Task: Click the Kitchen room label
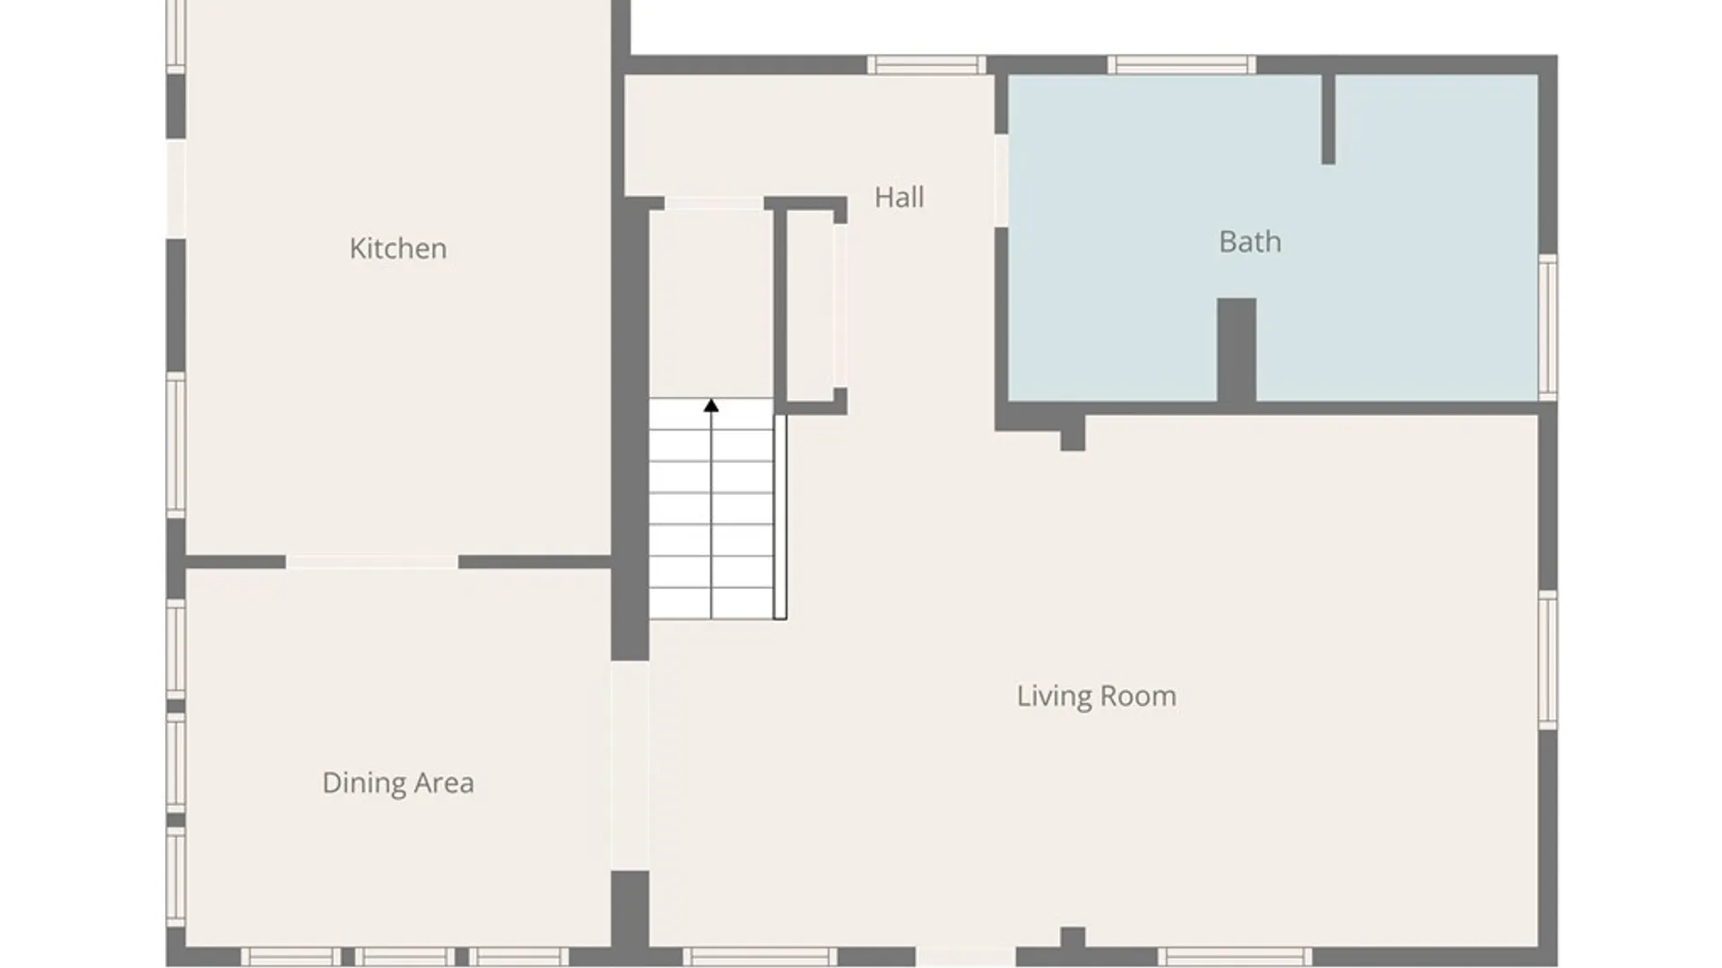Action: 398,248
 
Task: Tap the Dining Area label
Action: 398,782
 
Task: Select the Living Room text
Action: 1096,696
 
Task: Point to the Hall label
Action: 899,197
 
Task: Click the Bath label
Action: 1249,242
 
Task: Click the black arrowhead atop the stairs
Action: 711,406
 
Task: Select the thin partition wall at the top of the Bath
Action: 1328,119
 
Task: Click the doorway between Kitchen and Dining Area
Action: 372,562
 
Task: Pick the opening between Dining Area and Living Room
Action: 630,765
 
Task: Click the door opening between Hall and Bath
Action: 1001,180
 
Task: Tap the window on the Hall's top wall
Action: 926,65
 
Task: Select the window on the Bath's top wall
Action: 1181,65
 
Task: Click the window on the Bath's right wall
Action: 1548,326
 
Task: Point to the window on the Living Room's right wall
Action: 1548,660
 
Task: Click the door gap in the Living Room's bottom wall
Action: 965,956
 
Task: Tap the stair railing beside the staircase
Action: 780,517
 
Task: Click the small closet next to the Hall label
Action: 811,306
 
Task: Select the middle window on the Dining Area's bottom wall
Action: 405,956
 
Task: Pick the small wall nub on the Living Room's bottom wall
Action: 1073,938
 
